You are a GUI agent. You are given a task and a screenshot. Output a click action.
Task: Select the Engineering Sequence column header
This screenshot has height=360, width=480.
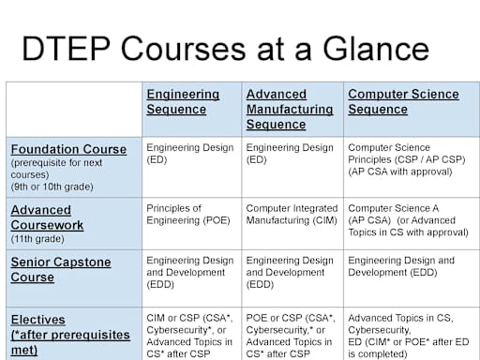click(183, 102)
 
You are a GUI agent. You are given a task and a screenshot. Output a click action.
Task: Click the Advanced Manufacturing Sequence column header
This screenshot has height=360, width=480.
click(289, 110)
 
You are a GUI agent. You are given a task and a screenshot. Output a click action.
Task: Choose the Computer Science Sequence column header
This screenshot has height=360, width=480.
click(403, 102)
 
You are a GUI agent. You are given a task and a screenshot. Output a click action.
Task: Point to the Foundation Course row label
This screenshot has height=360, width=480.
click(67, 149)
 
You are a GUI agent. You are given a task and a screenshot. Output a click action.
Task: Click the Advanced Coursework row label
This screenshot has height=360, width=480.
click(47, 217)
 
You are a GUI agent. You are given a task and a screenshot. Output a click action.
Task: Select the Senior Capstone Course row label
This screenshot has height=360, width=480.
click(60, 269)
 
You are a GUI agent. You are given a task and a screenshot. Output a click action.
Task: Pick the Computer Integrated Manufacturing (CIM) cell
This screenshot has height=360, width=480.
click(290, 215)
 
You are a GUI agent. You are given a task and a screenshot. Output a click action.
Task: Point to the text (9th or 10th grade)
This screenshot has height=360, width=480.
click(52, 186)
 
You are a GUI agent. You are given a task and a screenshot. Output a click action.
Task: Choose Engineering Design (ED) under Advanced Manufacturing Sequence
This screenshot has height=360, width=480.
click(290, 154)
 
